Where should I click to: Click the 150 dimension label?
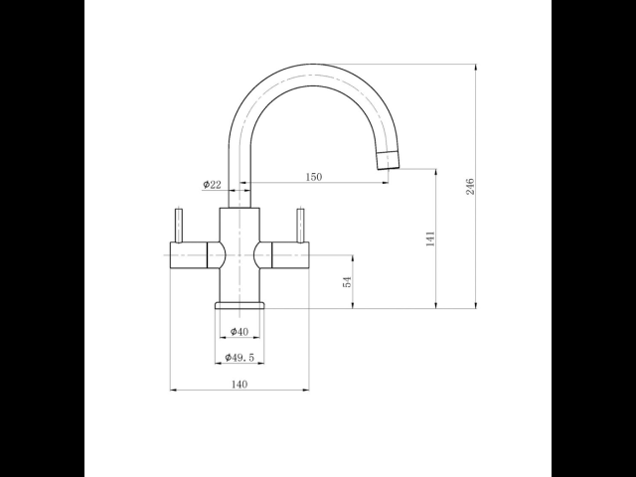point(314,177)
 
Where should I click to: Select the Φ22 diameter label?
point(212,185)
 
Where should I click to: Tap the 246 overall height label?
point(470,186)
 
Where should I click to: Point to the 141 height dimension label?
point(430,238)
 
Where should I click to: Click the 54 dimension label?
point(347,282)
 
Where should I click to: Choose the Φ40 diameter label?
point(239,331)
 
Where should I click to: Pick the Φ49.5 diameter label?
point(239,358)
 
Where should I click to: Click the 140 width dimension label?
point(239,384)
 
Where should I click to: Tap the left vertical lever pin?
point(179,226)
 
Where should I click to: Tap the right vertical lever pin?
point(300,226)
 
